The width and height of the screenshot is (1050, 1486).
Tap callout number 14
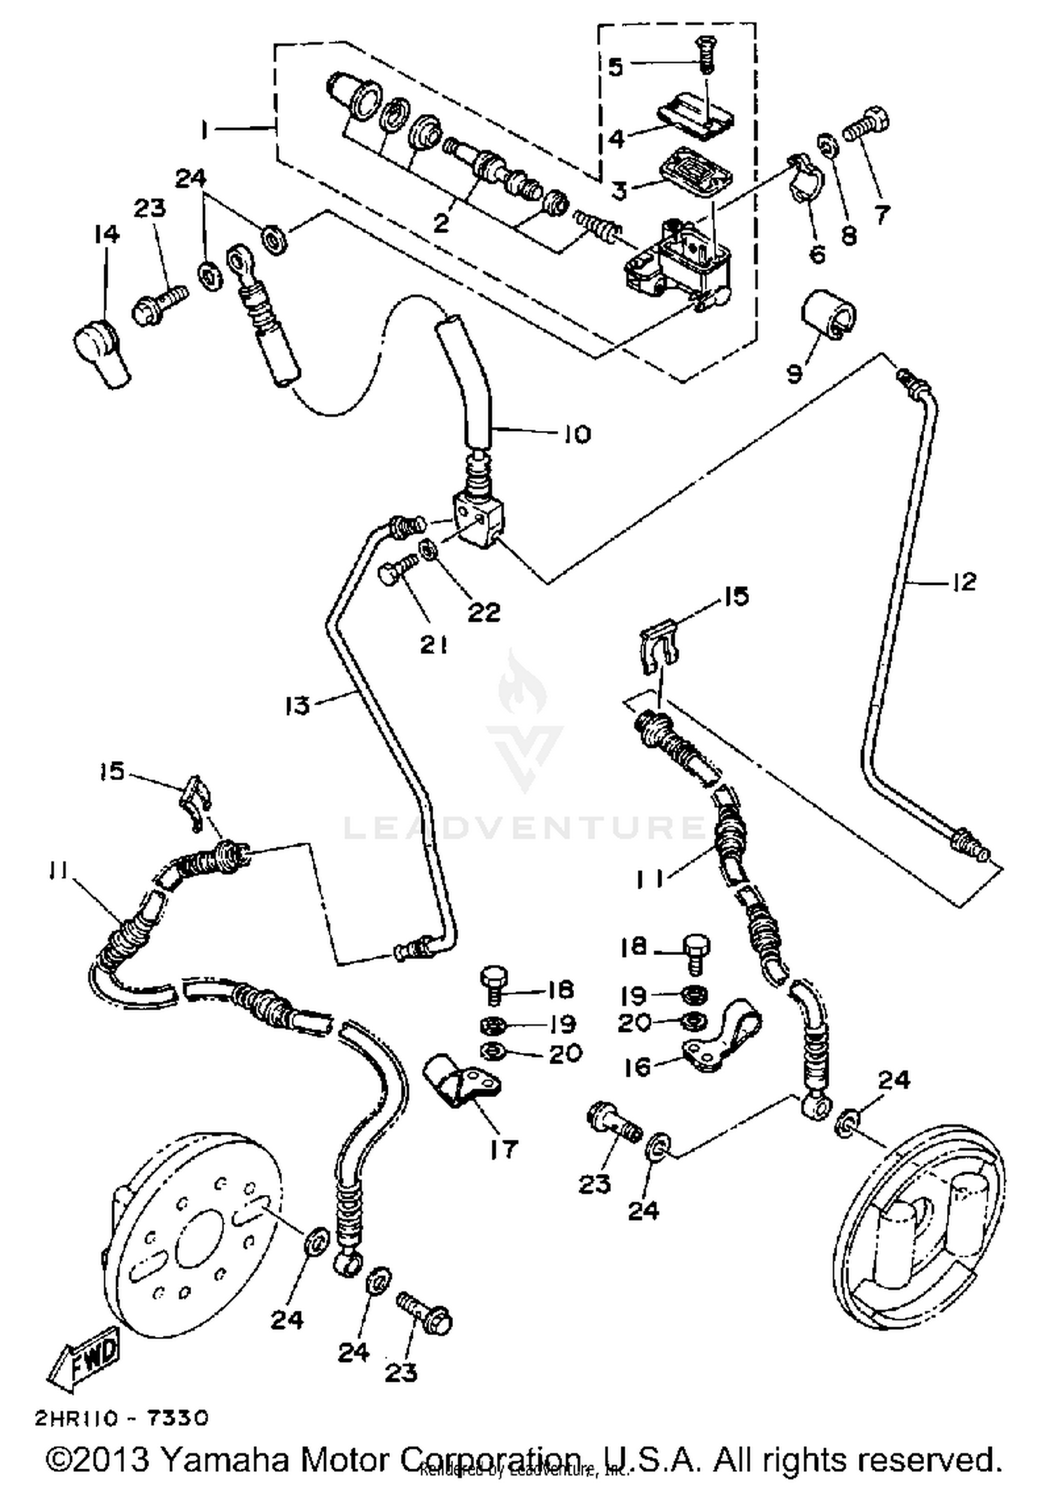(x=106, y=234)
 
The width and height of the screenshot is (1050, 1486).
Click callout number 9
(x=794, y=374)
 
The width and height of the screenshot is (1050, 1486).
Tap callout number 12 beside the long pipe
(x=964, y=581)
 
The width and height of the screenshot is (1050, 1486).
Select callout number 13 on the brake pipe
(x=297, y=705)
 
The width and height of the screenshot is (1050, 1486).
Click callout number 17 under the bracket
(x=503, y=1149)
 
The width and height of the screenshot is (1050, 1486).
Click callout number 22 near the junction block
(x=484, y=612)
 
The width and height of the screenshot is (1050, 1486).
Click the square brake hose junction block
(x=476, y=518)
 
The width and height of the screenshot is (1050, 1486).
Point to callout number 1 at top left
(x=204, y=130)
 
